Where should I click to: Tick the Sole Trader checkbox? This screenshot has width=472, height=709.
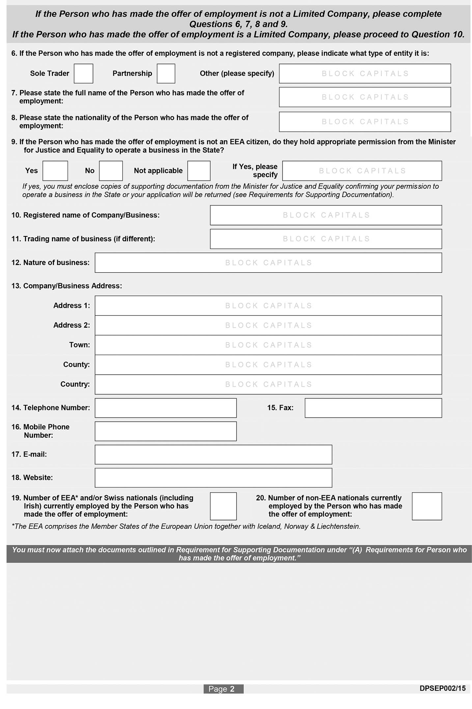pos(83,74)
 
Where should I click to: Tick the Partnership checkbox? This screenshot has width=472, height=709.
pos(166,74)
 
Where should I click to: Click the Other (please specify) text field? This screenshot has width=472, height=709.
pos(365,74)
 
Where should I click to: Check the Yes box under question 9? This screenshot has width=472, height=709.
pos(55,171)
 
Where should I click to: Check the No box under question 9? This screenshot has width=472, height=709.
pos(111,171)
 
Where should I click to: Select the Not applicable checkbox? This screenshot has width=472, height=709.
pos(199,171)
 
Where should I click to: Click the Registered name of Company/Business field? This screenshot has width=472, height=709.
pos(326,215)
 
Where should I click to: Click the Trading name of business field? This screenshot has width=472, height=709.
pos(326,239)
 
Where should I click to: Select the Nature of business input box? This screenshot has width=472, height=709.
pos(268,263)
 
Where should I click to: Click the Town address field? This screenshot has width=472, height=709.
pos(268,345)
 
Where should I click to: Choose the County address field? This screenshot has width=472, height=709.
pos(268,365)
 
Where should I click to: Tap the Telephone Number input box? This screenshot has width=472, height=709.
pos(165,408)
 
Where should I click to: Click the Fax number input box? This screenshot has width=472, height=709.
pos(373,408)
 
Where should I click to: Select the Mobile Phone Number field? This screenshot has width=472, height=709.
pos(165,431)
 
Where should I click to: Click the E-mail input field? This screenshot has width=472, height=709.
pos(213,455)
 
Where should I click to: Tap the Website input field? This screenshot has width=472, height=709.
pos(213,478)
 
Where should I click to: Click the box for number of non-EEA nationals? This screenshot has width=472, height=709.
pos(427,507)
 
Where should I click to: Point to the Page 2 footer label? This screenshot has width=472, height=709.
pos(223,689)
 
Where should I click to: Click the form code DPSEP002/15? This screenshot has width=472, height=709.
pos(442,688)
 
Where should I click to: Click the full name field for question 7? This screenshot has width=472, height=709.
pos(365,97)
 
